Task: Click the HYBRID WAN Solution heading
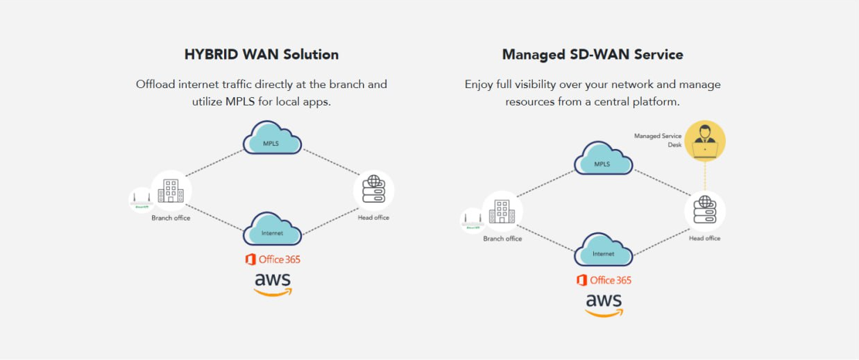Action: tap(262, 54)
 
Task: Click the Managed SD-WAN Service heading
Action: tap(593, 54)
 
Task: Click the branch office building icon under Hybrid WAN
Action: tap(171, 190)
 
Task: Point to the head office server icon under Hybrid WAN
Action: tap(374, 190)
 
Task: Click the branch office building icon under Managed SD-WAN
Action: tap(502, 211)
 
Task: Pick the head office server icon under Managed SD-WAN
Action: tap(705, 211)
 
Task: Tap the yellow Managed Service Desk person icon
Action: tap(705, 141)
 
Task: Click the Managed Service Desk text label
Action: tap(658, 141)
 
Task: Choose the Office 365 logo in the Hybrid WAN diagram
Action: tap(273, 259)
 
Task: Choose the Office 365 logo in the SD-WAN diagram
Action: tap(604, 280)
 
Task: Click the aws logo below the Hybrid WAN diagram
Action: tap(273, 284)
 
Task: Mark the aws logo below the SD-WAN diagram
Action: tap(604, 305)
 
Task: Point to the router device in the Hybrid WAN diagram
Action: tap(142, 200)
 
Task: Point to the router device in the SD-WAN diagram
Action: tap(473, 221)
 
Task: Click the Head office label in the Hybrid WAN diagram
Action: tap(374, 218)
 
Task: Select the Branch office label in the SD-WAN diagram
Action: tap(502, 239)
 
